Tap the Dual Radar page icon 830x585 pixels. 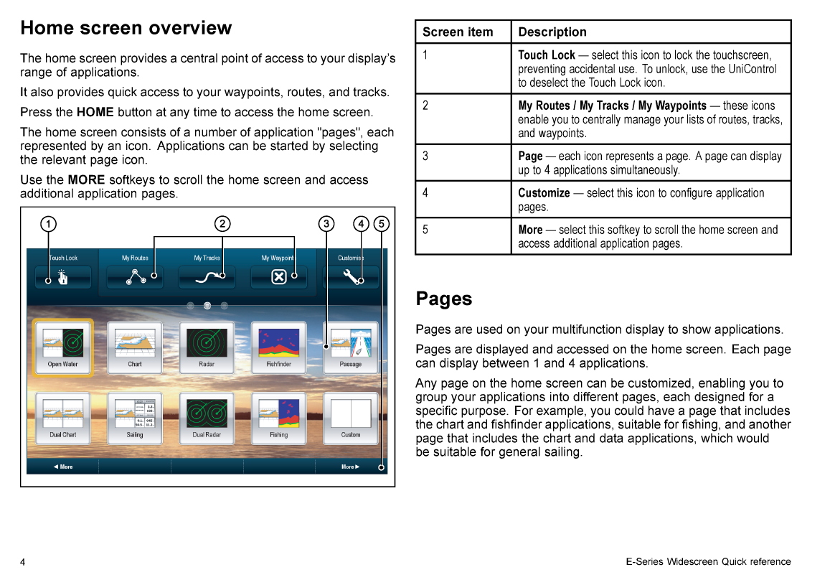pos(207,418)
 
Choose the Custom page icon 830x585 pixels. pos(351,418)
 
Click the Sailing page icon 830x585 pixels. pos(135,418)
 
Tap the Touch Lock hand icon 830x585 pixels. pos(62,277)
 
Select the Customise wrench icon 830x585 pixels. pos(351,276)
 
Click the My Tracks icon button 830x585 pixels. pos(207,277)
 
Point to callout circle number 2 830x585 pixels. pos(222,224)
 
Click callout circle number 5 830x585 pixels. pos(381,224)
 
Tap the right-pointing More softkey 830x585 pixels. pos(350,467)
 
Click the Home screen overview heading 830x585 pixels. pos(126,27)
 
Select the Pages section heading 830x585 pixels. pos(443,299)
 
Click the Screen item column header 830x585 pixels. pos(458,32)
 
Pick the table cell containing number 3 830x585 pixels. pos(463,162)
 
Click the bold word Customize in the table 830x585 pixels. pos(544,193)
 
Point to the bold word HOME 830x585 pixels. pos(95,112)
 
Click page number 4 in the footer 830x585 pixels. pos(23,562)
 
